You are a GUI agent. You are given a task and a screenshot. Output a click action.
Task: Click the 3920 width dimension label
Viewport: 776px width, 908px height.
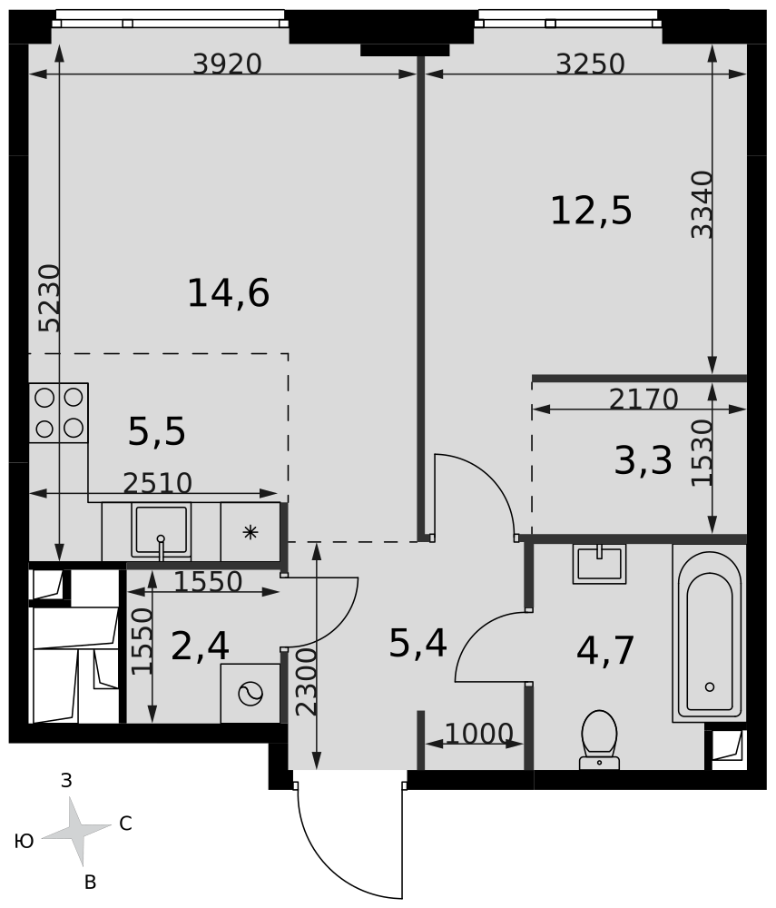coord(228,64)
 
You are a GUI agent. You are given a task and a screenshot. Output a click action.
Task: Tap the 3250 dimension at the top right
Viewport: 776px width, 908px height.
coord(590,64)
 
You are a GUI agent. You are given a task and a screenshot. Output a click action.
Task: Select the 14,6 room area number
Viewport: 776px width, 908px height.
coord(229,293)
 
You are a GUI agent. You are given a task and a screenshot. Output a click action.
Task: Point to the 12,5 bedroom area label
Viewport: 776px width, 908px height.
coord(591,211)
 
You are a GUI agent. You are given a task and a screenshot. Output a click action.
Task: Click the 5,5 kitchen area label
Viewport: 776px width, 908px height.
coord(157,432)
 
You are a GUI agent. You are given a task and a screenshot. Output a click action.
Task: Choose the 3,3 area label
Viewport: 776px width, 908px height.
coord(643,461)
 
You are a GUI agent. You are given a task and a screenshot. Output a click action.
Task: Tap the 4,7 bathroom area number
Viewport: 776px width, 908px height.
coord(606,650)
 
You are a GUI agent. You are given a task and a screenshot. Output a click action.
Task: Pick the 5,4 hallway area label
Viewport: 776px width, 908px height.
coord(417,644)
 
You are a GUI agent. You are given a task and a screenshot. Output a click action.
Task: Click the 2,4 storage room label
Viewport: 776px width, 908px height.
coord(201,646)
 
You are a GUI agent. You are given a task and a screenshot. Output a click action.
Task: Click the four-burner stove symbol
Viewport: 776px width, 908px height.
coord(58,413)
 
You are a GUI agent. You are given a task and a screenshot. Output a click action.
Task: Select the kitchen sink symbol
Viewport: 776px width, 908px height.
coord(161,531)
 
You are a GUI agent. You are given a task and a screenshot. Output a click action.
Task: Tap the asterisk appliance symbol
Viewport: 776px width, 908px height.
coord(250,531)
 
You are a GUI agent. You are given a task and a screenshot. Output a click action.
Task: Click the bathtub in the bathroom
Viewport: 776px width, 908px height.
coord(710,633)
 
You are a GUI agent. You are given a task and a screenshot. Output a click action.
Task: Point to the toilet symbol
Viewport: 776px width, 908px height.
coord(599,740)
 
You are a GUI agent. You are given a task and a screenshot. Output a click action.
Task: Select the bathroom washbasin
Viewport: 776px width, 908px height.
coord(600,564)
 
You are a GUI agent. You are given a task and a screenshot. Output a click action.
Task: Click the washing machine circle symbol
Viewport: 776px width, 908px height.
coord(250,693)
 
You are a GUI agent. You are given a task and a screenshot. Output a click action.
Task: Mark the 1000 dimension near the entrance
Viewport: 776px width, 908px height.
coord(479,734)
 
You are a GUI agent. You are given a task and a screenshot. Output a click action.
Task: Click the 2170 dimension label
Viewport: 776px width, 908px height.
coord(643,399)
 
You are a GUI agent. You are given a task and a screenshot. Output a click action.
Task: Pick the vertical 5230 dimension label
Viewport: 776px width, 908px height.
coord(49,298)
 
